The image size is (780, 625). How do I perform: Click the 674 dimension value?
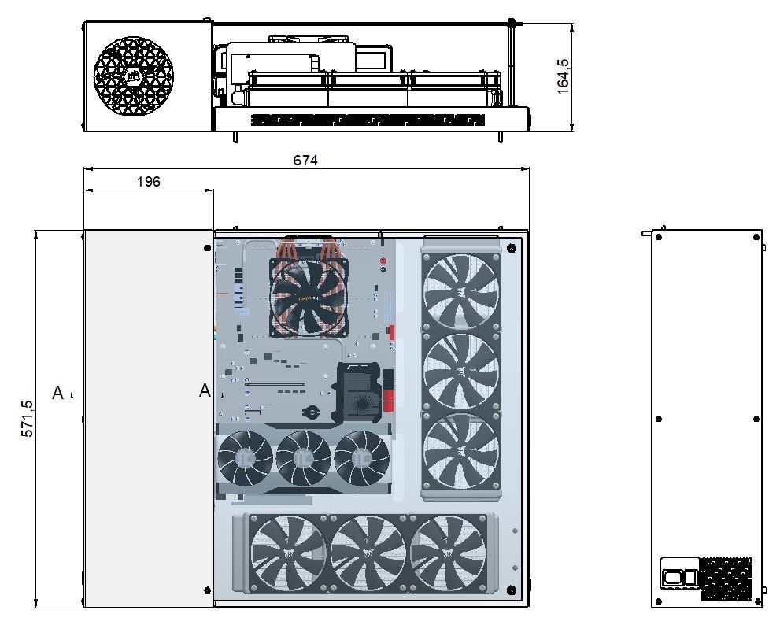[305, 161]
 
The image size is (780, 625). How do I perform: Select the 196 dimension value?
[149, 182]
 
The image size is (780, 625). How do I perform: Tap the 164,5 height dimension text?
[563, 76]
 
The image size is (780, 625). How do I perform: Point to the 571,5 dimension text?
[27, 419]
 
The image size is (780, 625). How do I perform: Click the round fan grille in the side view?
[133, 76]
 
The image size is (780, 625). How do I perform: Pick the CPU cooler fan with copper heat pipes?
[309, 297]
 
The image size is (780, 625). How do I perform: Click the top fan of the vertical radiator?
[460, 291]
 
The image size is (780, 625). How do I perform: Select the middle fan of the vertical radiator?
[460, 372]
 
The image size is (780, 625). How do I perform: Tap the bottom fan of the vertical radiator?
[460, 452]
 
